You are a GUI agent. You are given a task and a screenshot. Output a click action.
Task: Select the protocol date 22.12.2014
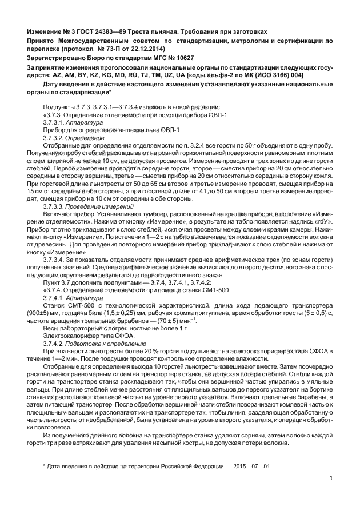(132, 50)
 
